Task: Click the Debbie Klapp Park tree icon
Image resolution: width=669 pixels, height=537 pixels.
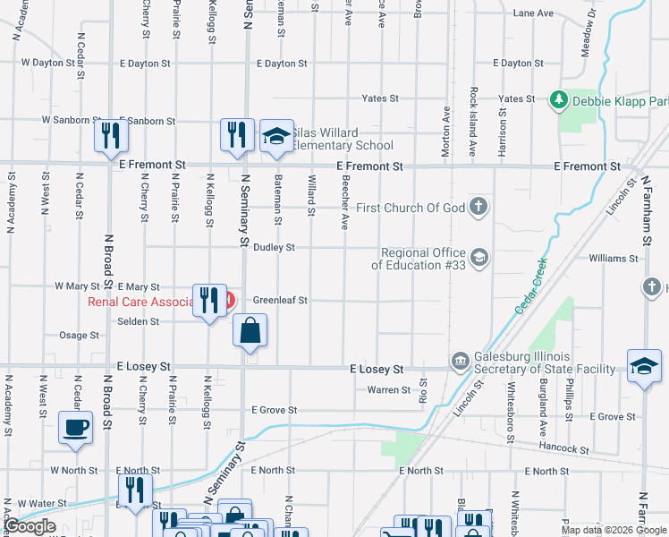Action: pyautogui.click(x=559, y=98)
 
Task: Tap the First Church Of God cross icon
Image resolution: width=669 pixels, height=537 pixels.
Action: pyautogui.click(x=478, y=208)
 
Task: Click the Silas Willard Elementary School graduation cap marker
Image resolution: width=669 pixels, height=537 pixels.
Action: pyautogui.click(x=277, y=136)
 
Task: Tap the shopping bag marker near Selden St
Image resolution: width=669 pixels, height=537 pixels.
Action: pyautogui.click(x=250, y=329)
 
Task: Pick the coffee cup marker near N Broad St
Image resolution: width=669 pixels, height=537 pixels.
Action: pyautogui.click(x=75, y=426)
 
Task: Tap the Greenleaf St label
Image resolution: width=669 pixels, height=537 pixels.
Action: pyautogui.click(x=280, y=301)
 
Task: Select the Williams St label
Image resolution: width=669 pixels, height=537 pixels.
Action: pyautogui.click(x=613, y=259)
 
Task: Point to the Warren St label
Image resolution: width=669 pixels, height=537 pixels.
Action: pyautogui.click(x=388, y=389)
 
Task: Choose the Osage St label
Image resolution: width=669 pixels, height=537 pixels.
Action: pyautogui.click(x=79, y=336)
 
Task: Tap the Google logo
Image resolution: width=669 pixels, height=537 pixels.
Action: pyautogui.click(x=30, y=526)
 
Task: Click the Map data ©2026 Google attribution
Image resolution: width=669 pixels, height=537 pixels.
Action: pyautogui.click(x=614, y=530)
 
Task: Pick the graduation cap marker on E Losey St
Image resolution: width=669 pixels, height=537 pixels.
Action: pyautogui.click(x=643, y=367)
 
